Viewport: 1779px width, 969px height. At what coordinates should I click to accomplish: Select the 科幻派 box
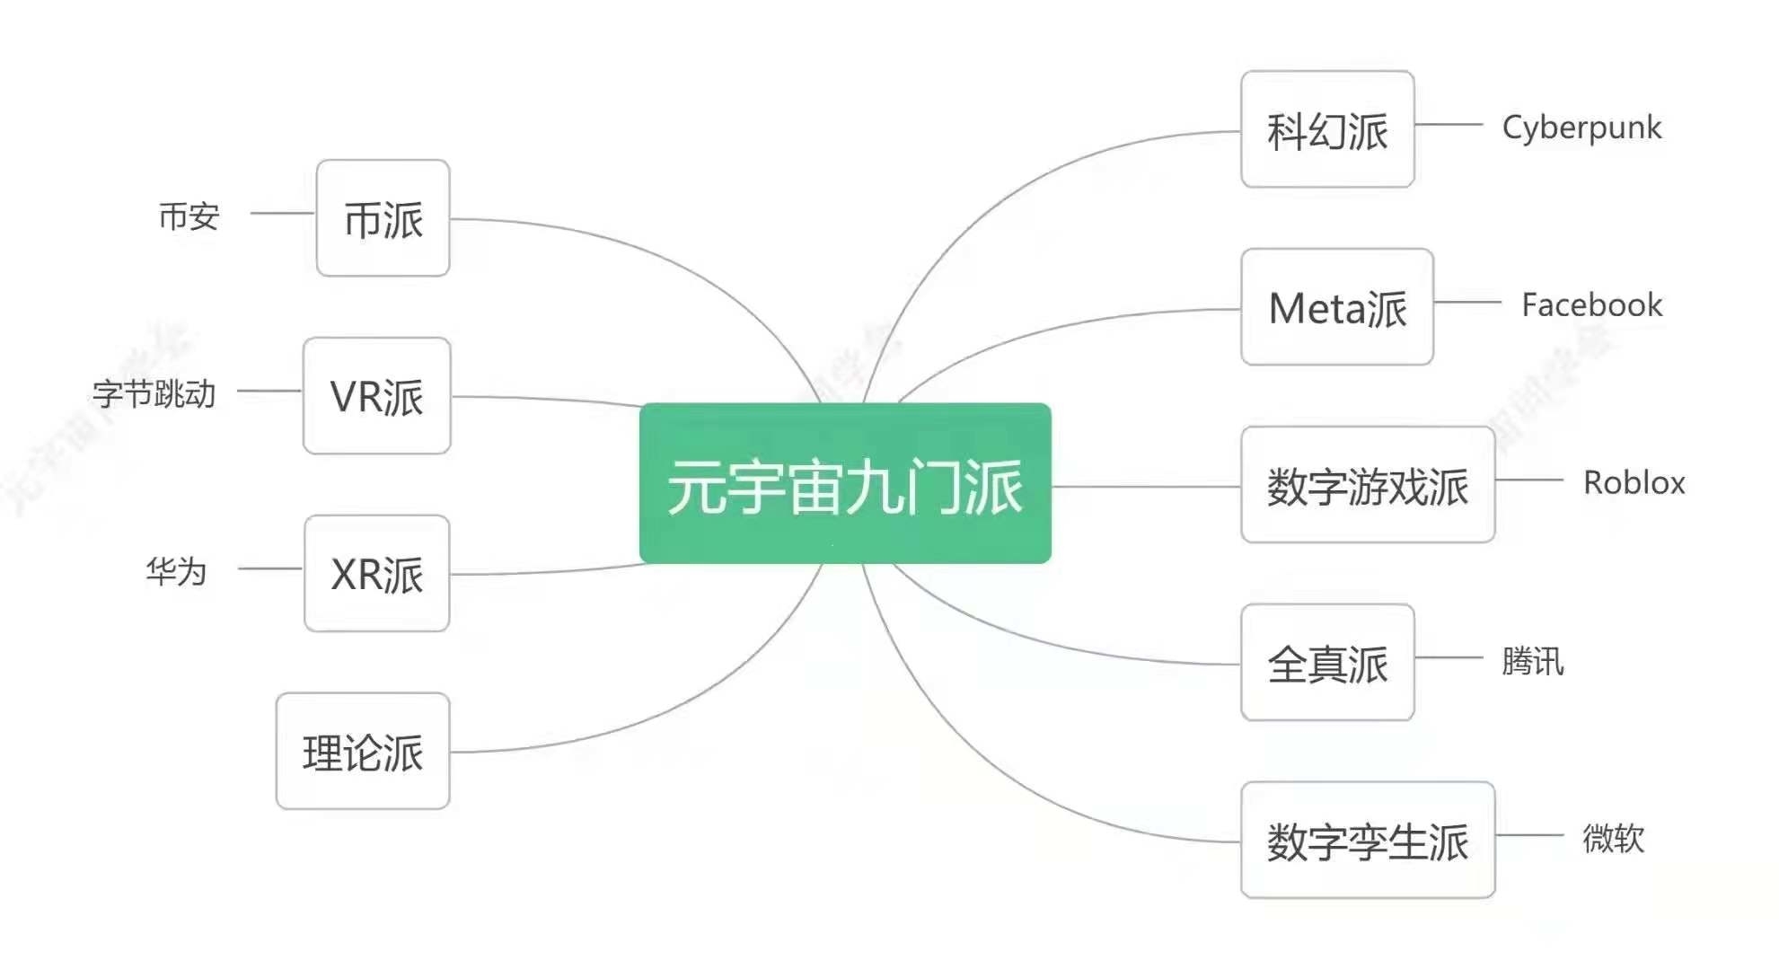[1327, 129]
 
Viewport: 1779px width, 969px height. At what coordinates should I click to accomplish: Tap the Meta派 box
[1336, 307]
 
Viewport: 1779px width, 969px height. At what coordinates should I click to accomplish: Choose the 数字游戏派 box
[1367, 485]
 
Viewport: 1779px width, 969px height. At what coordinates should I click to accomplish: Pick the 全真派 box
[1327, 663]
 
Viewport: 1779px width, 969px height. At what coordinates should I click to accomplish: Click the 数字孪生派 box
[1367, 841]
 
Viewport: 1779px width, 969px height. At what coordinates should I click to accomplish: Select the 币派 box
[383, 218]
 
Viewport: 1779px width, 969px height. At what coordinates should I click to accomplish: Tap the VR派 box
[376, 396]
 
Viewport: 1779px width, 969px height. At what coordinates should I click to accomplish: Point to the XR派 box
[376, 574]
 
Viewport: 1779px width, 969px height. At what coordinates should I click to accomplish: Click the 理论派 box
[363, 752]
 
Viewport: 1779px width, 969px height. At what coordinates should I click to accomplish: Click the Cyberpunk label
[1581, 128]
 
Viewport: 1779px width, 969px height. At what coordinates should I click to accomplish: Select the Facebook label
[1591, 305]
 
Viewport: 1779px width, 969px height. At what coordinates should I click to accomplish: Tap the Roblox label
[1634, 483]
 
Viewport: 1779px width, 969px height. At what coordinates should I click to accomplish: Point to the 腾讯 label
[1532, 662]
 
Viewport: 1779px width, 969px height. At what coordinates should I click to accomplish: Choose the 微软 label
[1613, 839]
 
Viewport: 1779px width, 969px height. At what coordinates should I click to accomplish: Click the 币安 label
[189, 216]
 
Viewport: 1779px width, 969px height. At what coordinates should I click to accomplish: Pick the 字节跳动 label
[154, 393]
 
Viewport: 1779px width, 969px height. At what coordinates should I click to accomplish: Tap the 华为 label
[176, 571]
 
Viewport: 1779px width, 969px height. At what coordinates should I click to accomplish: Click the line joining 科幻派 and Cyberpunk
[1448, 125]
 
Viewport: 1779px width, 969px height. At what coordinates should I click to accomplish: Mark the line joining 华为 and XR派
[270, 568]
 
